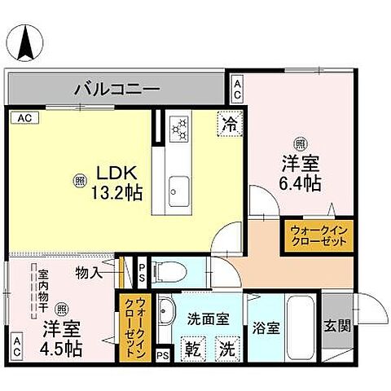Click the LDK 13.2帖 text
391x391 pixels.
point(121,183)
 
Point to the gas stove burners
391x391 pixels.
point(178,128)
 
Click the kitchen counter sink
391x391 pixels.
point(178,196)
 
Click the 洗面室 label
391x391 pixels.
point(204,320)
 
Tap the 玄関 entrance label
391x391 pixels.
point(338,326)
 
